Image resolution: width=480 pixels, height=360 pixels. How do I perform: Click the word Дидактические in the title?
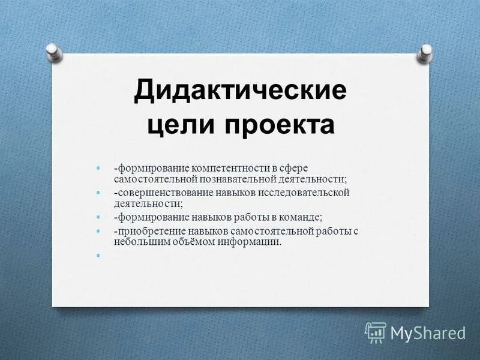(240, 91)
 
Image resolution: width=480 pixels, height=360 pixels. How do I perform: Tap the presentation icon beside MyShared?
(376, 332)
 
